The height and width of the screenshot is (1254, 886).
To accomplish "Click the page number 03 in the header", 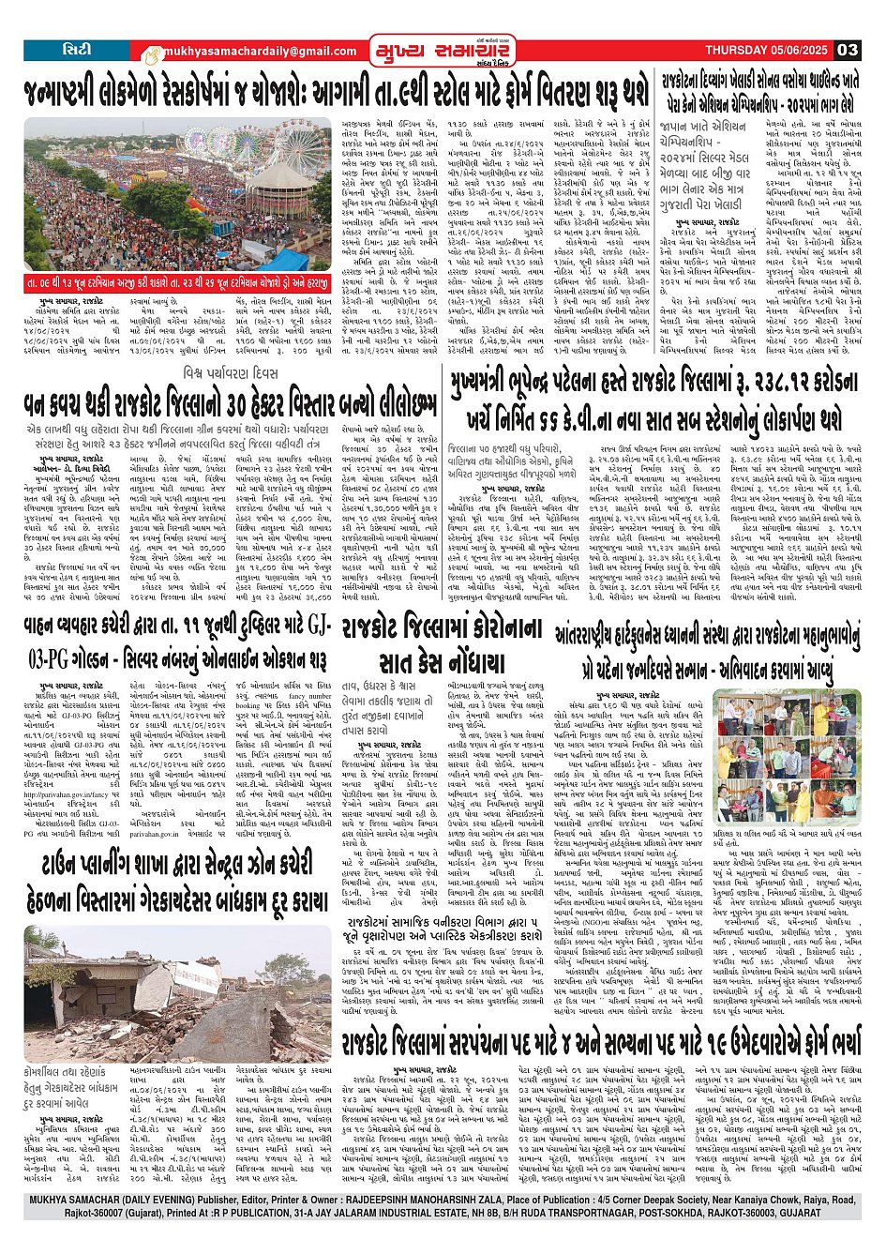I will click(x=848, y=50).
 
